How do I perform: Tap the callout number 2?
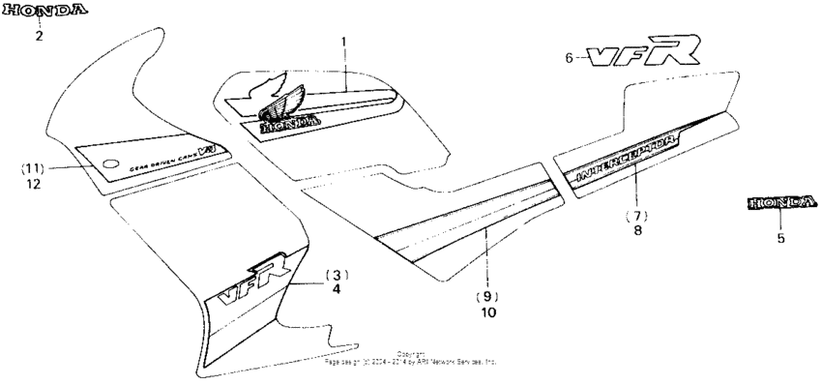(x=40, y=37)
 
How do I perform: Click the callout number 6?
(x=570, y=58)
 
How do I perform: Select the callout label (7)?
(x=635, y=214)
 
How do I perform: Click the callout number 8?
(x=635, y=231)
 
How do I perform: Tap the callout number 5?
(x=780, y=237)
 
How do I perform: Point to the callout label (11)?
(x=34, y=167)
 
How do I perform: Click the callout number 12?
(x=34, y=184)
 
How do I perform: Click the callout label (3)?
(x=336, y=273)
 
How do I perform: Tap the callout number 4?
(x=336, y=288)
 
